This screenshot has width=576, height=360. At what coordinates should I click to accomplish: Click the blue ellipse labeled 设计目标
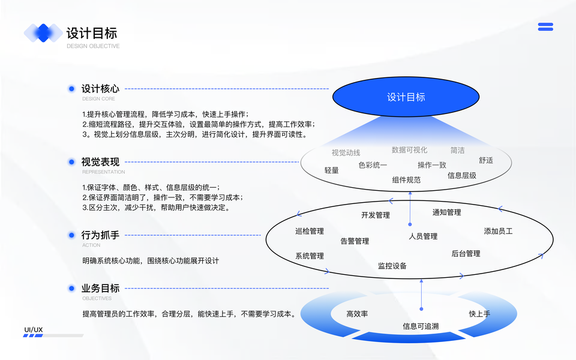(406, 97)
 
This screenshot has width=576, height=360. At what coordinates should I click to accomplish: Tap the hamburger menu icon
(545, 27)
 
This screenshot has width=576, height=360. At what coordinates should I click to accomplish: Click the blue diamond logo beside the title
(43, 32)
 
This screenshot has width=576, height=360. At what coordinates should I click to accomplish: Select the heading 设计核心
(100, 89)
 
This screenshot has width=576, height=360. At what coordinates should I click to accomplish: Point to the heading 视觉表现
(100, 162)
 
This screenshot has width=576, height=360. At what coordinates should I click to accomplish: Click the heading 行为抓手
(100, 235)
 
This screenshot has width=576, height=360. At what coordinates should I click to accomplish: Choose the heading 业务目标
(100, 288)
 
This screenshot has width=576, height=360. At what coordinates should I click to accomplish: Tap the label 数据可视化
(409, 150)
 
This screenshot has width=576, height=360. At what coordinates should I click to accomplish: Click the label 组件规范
(406, 180)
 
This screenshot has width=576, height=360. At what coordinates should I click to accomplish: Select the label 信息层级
(461, 176)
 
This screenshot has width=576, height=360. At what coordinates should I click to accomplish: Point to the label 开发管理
(375, 215)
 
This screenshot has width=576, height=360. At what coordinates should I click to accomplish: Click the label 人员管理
(423, 236)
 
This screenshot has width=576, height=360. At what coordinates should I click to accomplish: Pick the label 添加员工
(498, 231)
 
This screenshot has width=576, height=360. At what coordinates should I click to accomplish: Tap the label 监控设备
(392, 266)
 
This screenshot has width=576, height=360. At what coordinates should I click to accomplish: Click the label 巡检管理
(309, 231)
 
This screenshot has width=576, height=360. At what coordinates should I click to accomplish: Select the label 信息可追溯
(420, 326)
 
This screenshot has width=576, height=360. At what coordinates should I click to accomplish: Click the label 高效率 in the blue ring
(357, 314)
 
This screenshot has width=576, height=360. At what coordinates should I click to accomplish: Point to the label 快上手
(479, 314)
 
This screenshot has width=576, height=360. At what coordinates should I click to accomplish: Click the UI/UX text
(33, 330)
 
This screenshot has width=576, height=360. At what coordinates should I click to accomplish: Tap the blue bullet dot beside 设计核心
(71, 89)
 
